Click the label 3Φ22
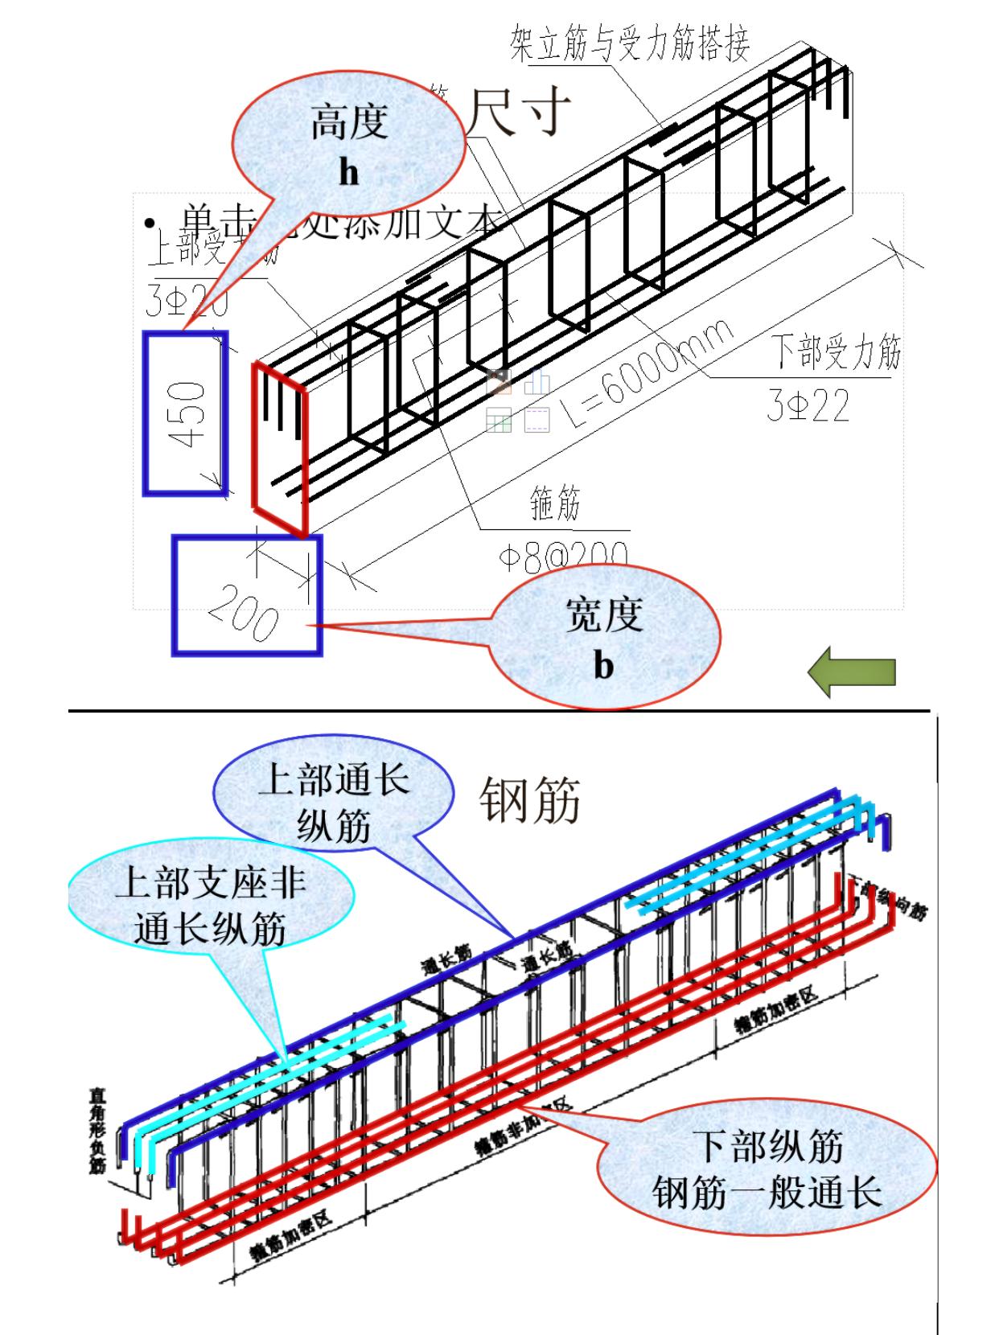click(808, 407)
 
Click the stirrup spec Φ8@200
click(562, 557)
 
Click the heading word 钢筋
click(530, 802)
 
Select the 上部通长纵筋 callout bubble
click(333, 803)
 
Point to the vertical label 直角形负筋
click(97, 1131)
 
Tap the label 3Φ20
click(187, 301)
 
